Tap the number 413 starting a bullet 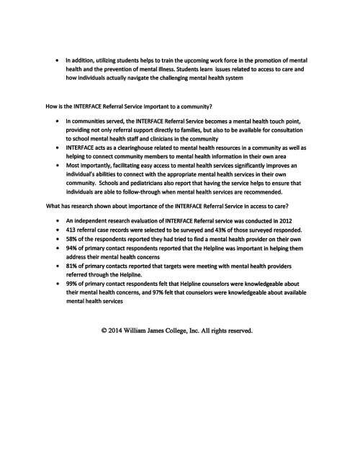(x=71, y=230)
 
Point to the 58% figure (x=71, y=239)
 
